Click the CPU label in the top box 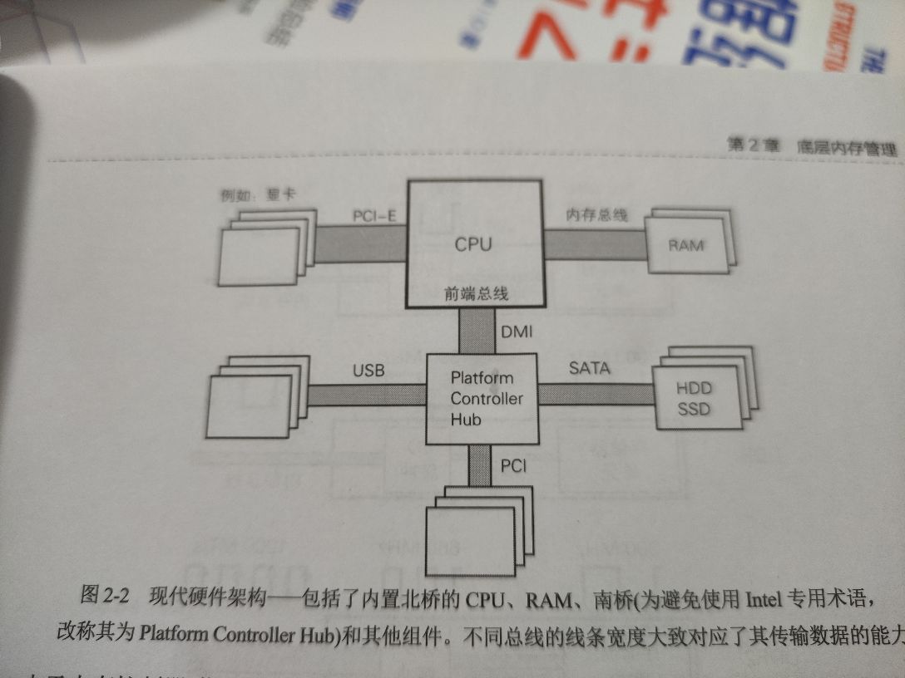click(x=472, y=244)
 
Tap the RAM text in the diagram click(x=686, y=245)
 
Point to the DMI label click(x=517, y=332)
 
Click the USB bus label click(x=368, y=371)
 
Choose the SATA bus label click(x=589, y=367)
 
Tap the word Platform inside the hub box click(x=482, y=378)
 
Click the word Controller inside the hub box click(x=487, y=399)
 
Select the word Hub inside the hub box click(x=466, y=420)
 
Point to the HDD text click(x=694, y=389)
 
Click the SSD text click(x=694, y=410)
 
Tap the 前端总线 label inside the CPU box click(x=475, y=293)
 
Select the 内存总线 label click(x=597, y=214)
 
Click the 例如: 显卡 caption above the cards click(x=258, y=196)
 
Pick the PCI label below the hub click(x=513, y=466)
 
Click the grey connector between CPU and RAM click(x=595, y=245)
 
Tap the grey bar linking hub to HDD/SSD click(x=596, y=393)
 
